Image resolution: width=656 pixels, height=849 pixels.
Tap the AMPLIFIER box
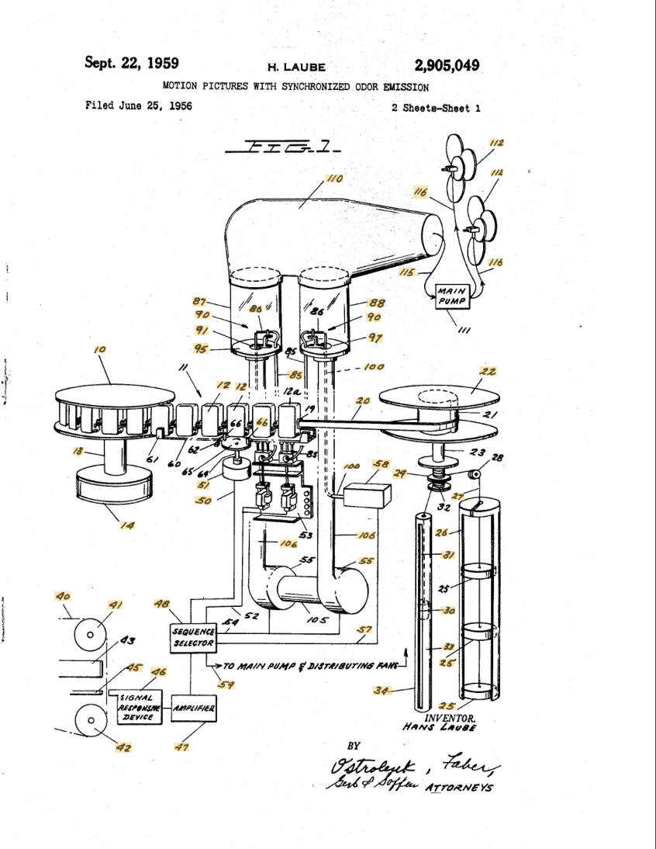(193, 708)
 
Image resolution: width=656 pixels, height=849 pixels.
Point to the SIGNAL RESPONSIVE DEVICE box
(140, 707)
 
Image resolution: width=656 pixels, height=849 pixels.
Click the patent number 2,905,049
(447, 64)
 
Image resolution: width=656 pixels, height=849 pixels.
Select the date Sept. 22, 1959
(129, 63)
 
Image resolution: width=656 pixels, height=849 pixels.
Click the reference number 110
(334, 179)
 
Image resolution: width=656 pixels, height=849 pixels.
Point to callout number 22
(488, 373)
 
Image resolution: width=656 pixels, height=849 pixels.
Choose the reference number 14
(126, 525)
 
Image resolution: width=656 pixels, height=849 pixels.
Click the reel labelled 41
(91, 636)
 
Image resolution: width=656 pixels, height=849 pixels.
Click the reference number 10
(100, 350)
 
